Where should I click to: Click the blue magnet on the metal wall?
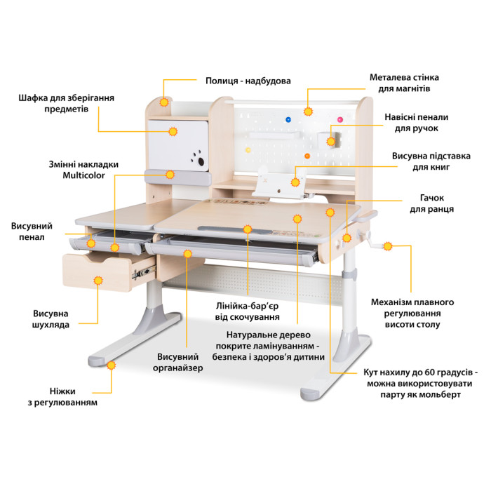[288, 120]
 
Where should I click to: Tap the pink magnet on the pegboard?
[340, 120]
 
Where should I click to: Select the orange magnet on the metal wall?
[307, 156]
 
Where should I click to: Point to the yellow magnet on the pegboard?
[248, 150]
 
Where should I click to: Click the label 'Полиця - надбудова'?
[248, 81]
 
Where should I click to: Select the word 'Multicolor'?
[83, 175]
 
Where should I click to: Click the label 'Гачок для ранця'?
[432, 203]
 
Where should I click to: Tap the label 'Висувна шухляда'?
[51, 319]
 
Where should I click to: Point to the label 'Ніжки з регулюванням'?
[62, 397]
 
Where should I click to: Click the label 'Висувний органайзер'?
[178, 363]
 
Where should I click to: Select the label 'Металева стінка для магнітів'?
[404, 83]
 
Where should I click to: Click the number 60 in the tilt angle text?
[429, 372]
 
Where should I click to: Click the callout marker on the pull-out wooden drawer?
[98, 281]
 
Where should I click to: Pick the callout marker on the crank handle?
[388, 246]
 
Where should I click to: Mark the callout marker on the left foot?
[111, 365]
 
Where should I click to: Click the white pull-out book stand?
[279, 183]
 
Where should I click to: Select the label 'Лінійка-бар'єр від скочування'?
[247, 311]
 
